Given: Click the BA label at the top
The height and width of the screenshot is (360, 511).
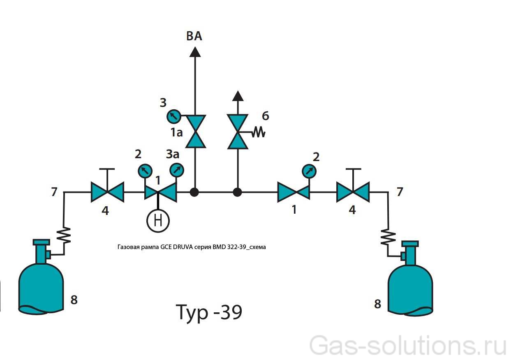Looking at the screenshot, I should click(194, 37).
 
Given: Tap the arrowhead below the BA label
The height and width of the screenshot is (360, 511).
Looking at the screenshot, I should click(195, 52).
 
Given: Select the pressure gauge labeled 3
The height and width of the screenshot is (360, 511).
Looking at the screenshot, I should click(173, 116).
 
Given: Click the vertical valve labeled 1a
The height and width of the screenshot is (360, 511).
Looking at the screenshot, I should click(195, 131).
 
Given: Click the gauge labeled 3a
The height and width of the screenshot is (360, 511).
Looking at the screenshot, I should click(177, 169).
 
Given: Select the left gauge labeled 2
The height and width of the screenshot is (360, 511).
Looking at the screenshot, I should click(144, 171).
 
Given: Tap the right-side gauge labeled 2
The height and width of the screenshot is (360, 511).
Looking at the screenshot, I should click(309, 171).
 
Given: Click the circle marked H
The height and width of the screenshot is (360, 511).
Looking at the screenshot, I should click(158, 221).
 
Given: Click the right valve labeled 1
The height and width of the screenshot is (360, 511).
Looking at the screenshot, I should click(294, 192).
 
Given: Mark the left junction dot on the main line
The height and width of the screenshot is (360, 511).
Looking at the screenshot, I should click(195, 192).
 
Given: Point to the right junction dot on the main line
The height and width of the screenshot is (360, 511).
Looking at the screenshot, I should click(237, 192).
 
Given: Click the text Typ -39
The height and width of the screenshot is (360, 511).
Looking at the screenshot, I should click(209, 312).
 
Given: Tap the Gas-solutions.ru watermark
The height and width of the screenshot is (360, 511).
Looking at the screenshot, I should click(407, 345).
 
